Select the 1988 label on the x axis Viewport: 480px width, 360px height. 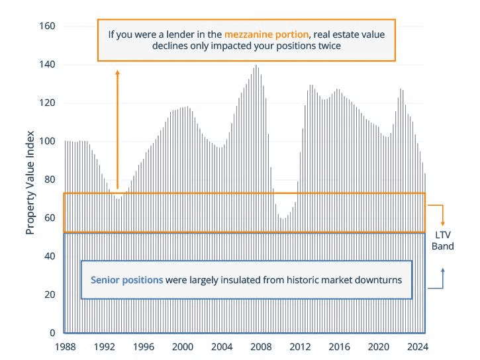64,347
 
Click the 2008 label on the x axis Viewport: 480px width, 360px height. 260,347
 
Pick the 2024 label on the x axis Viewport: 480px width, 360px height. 417,347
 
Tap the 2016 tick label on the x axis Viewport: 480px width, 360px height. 339,347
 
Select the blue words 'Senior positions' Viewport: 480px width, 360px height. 126,280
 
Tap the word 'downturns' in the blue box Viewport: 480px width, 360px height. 379,280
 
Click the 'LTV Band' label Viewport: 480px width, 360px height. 444,240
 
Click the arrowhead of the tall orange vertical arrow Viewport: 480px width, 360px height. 117,71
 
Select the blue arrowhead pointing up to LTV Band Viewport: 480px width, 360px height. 443,270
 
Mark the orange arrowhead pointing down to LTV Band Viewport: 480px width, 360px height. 443,223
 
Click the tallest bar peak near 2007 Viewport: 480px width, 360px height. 256,66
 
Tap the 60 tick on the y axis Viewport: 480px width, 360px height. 50,218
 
